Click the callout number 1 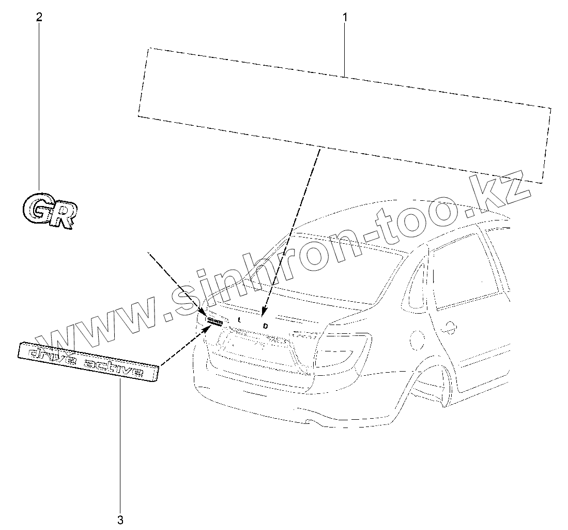tap(345, 17)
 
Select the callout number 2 tap(39, 17)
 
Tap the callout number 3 tap(120, 520)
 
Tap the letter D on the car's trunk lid tap(266, 326)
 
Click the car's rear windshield tap(336, 274)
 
